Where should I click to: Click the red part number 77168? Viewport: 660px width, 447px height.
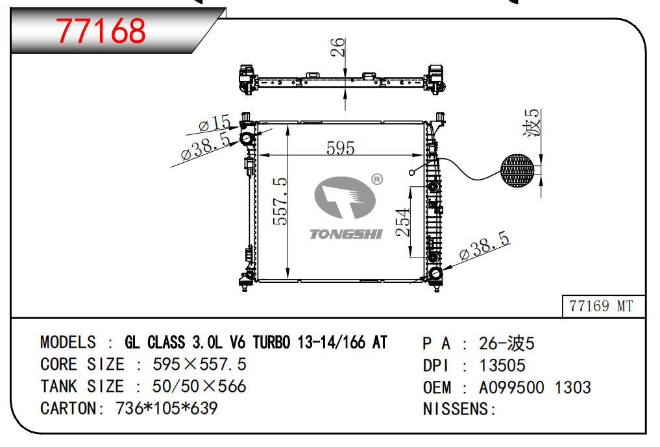click(x=101, y=30)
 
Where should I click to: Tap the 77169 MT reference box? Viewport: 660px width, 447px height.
click(x=603, y=306)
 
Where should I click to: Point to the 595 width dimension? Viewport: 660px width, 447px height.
click(x=341, y=148)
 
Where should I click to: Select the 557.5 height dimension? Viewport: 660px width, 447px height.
click(x=280, y=201)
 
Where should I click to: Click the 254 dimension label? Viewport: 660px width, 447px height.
click(x=403, y=222)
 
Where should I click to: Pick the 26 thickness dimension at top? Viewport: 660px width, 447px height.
click(x=337, y=47)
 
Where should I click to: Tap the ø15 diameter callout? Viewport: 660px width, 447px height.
click(x=215, y=123)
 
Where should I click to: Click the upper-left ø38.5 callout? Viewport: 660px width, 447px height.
click(x=206, y=145)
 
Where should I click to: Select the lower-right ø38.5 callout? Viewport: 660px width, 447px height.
click(x=485, y=245)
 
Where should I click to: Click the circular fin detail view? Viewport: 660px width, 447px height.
click(x=517, y=171)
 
